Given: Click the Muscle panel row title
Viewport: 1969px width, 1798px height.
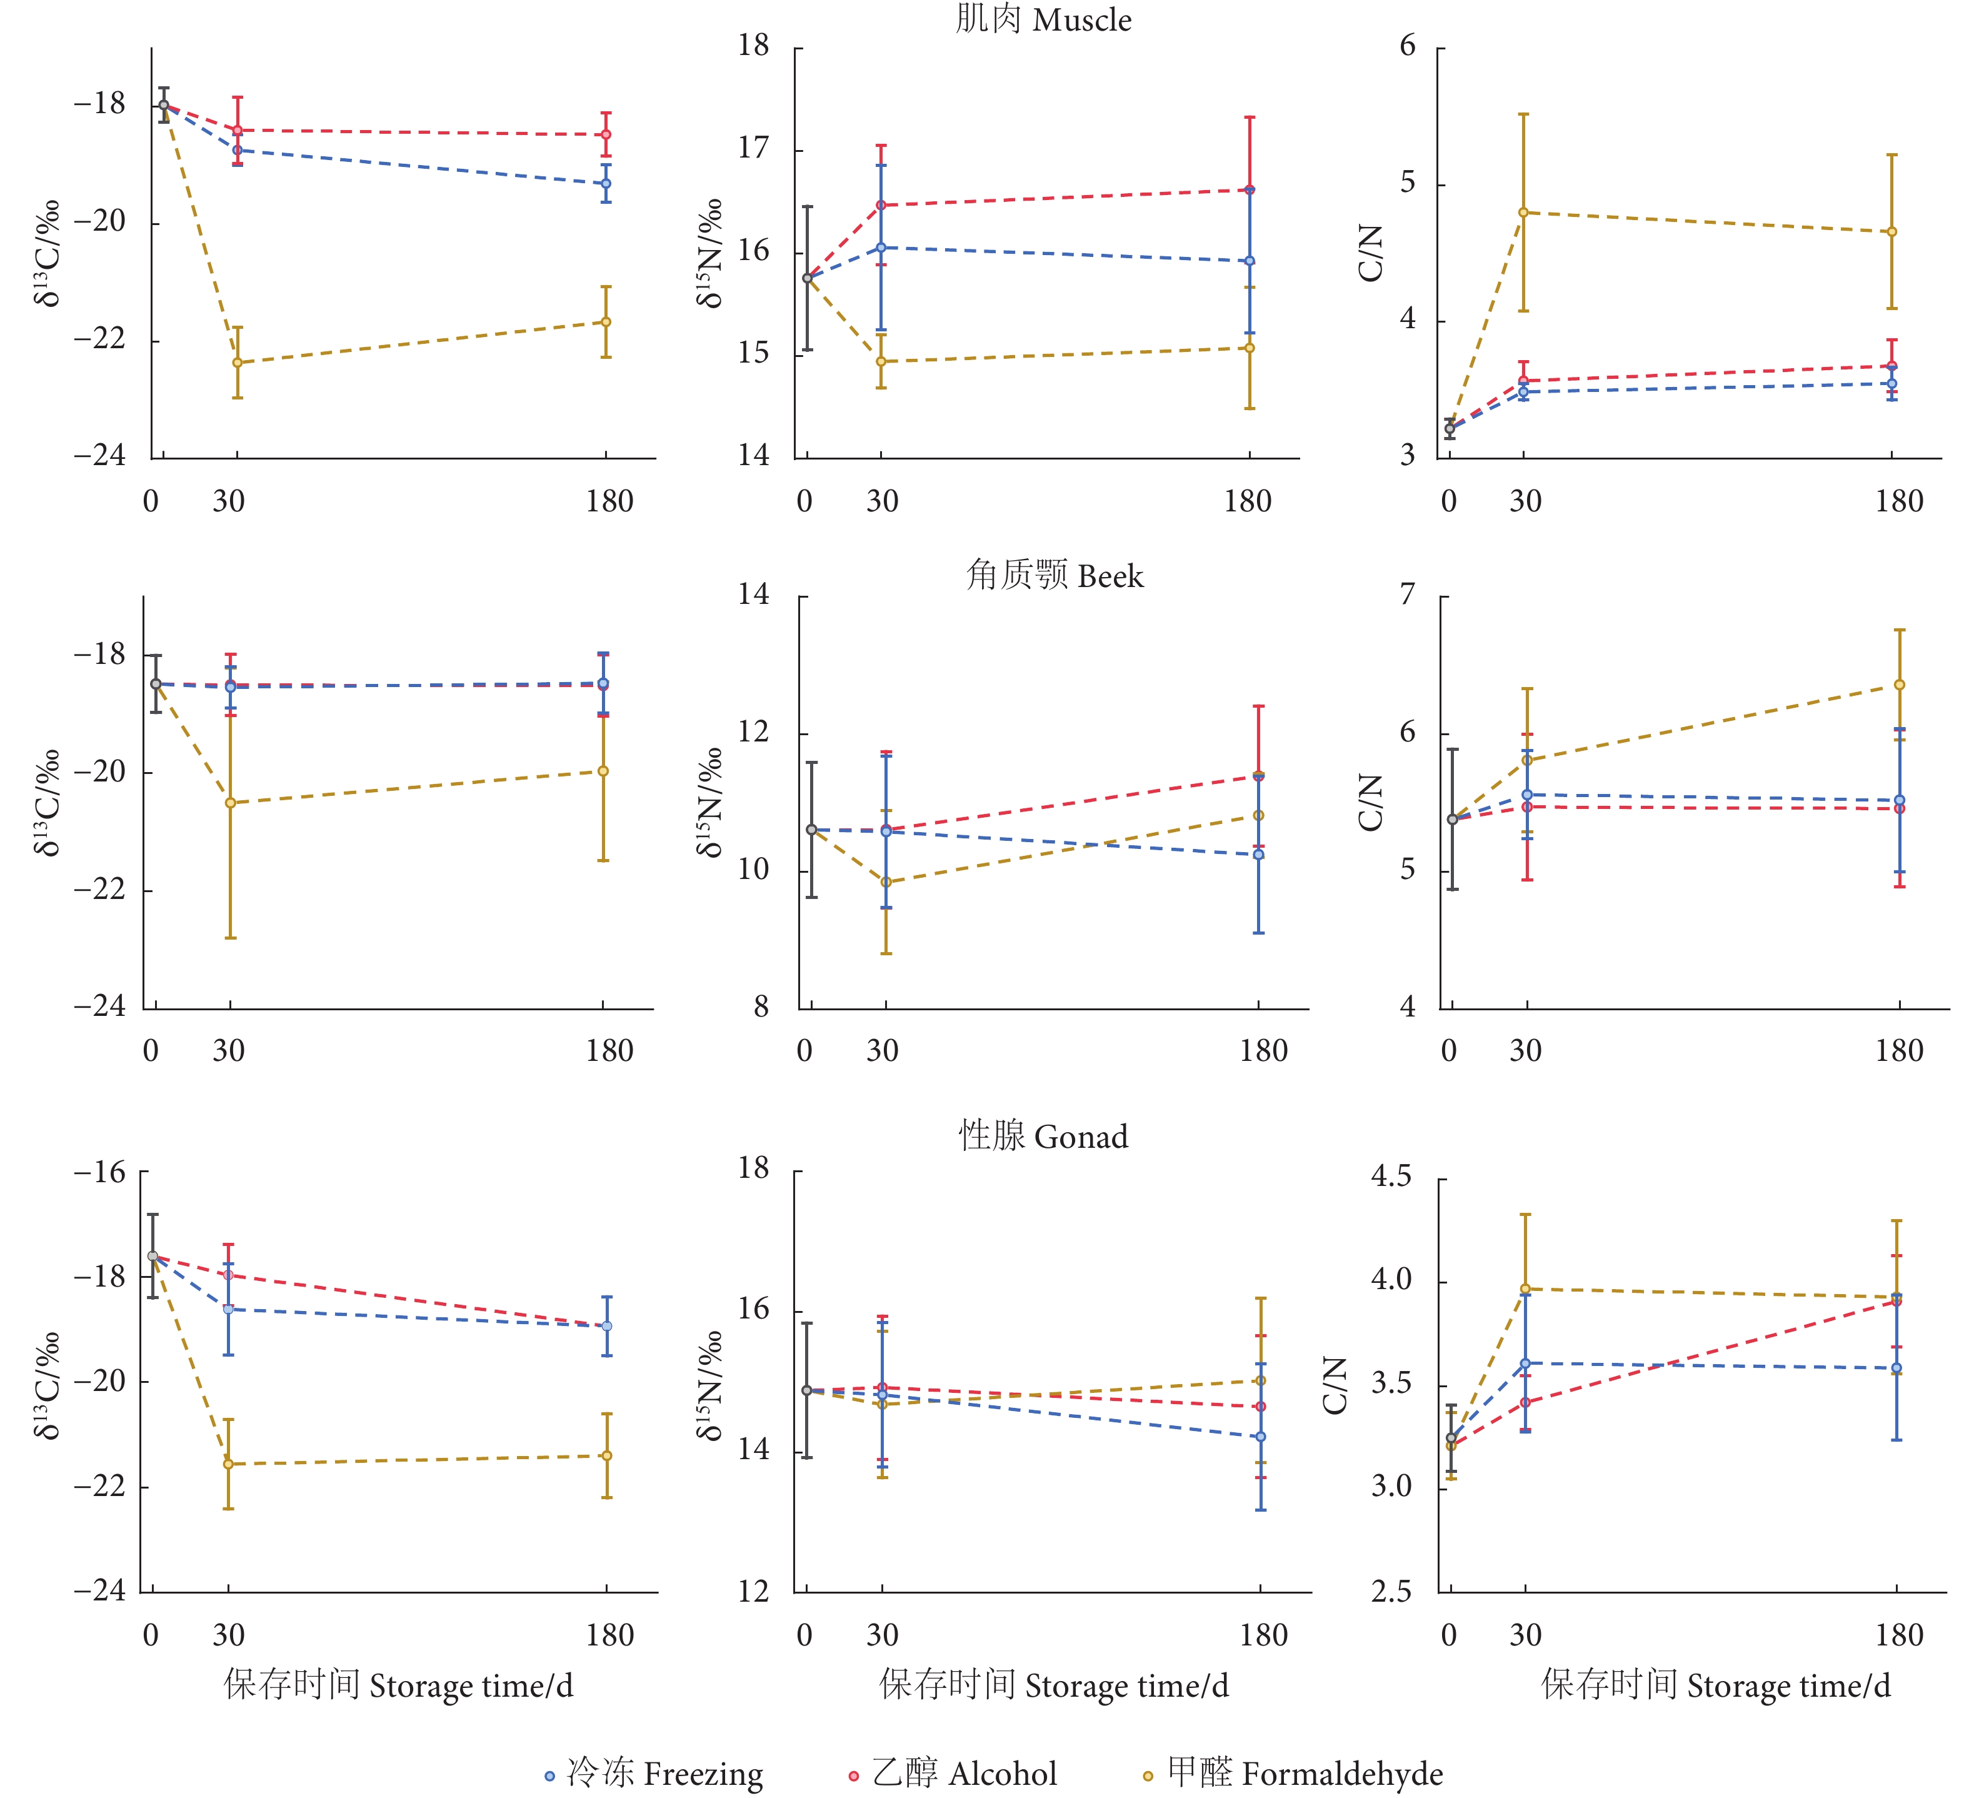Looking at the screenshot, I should point(1043,19).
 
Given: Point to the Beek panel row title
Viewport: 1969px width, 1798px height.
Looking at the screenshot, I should point(1055,575).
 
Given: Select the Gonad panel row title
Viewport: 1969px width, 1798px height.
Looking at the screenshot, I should point(1043,1136).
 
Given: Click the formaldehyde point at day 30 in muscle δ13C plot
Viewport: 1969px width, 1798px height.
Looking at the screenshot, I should point(238,363).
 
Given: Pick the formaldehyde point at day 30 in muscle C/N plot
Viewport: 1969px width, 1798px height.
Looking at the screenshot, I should point(1524,212).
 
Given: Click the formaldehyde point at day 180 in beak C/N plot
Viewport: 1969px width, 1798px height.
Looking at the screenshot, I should point(1900,685).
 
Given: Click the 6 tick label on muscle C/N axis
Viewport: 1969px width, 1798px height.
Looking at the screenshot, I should point(1408,46).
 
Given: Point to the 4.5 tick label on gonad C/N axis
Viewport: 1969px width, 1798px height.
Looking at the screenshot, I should point(1391,1176).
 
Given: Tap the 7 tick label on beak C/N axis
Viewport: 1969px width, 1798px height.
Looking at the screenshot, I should point(1408,594).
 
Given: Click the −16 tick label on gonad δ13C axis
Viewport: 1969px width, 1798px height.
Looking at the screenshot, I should point(101,1172).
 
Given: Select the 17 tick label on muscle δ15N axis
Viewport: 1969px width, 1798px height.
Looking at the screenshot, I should point(754,148).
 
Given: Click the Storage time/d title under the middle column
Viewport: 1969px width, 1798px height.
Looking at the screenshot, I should point(1054,1685).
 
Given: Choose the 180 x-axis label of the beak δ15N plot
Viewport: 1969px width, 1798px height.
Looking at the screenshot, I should point(1264,1051).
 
